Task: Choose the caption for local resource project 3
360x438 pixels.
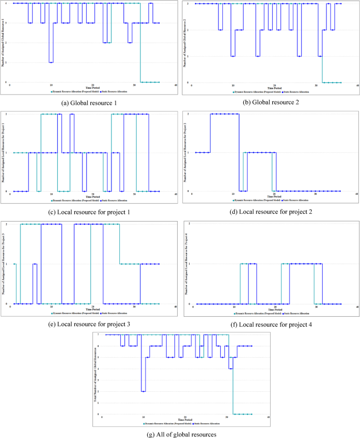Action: click(89, 325)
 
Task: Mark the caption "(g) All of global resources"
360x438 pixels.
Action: click(180, 434)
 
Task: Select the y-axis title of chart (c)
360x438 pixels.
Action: click(4, 152)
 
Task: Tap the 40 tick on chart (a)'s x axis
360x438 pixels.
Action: click(176, 85)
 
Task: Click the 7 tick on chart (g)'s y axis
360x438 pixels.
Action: click(99, 335)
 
